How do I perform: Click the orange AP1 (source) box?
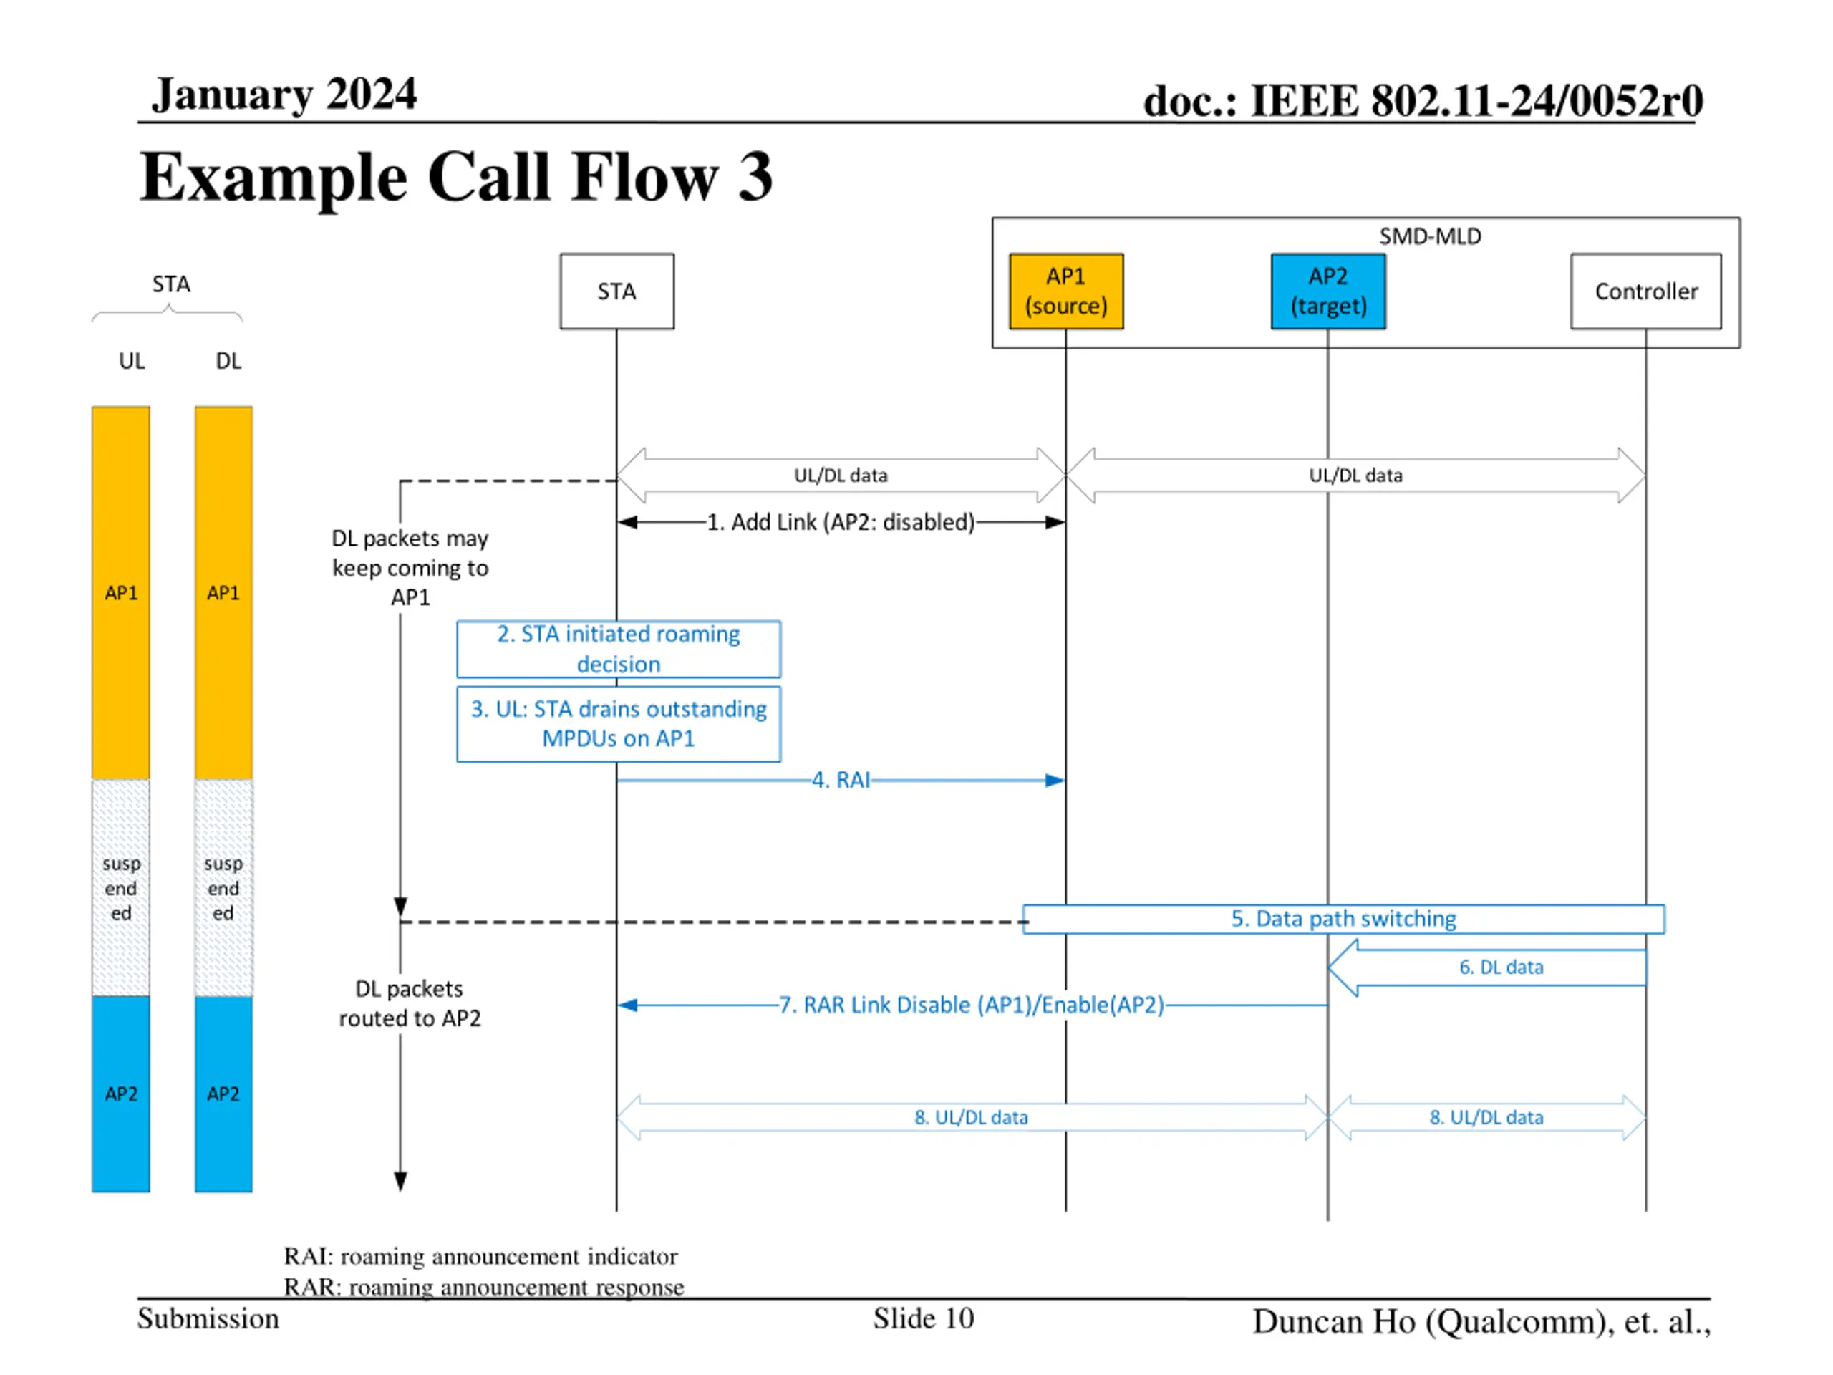[x=1065, y=291]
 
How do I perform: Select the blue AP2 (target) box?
[x=1327, y=291]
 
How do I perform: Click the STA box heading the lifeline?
[x=616, y=291]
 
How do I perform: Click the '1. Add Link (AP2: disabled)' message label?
[x=841, y=522]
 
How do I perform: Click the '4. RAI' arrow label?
[x=841, y=780]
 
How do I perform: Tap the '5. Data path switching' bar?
[x=1343, y=918]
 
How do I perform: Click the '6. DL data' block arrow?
[x=1486, y=968]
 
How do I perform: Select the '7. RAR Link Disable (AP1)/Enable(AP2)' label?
[x=971, y=1005]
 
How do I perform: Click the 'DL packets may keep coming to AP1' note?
[x=410, y=568]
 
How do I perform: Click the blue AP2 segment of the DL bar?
[x=223, y=1094]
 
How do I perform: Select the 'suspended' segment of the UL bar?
[x=121, y=887]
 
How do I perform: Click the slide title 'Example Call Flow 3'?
[x=457, y=178]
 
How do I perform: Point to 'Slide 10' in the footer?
[x=923, y=1318]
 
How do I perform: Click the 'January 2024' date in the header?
[x=284, y=94]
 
